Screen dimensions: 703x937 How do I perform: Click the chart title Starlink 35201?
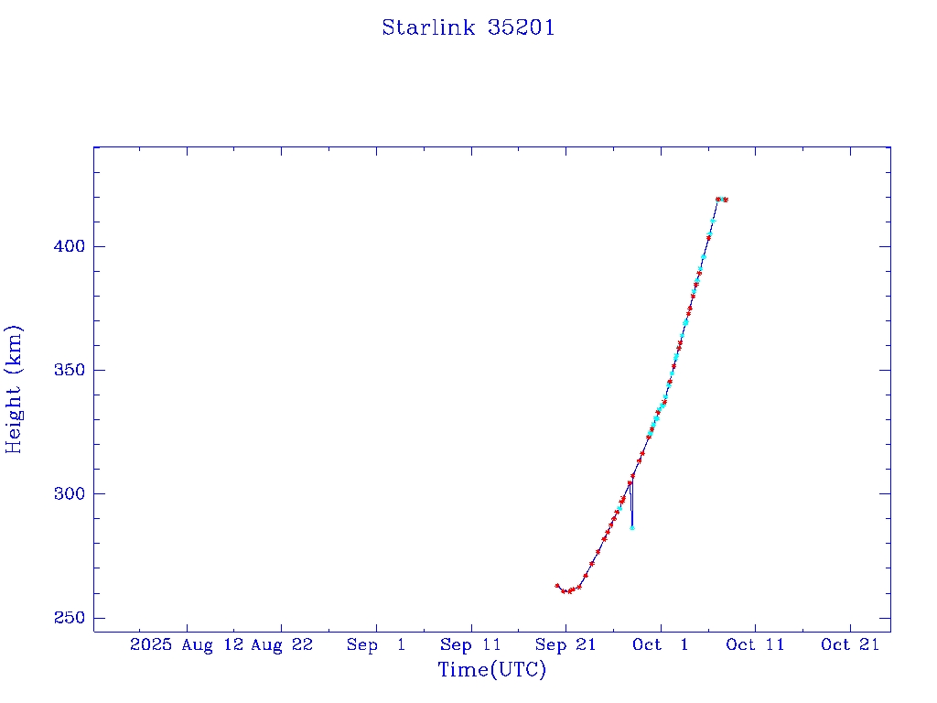468,27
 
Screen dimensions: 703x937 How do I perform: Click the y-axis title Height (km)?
14,389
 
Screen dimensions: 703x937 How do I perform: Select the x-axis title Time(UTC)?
491,670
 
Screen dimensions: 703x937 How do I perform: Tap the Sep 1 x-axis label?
376,644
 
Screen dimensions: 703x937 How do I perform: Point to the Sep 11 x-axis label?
470,644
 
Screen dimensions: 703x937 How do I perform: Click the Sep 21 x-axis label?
565,644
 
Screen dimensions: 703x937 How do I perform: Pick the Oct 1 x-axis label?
660,644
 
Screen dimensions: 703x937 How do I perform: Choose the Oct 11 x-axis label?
755,644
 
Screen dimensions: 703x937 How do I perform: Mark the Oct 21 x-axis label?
850,644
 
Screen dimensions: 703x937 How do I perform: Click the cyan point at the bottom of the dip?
632,527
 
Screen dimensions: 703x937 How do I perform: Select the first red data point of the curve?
557,586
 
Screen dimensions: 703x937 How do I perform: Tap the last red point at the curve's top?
726,200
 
